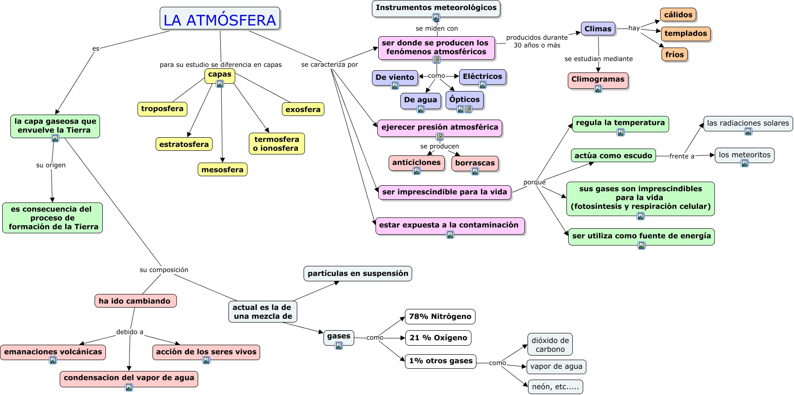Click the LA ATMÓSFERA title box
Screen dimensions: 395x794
click(220, 19)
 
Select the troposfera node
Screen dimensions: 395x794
click(162, 109)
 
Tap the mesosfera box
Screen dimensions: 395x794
click(222, 169)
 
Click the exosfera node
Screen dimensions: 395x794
click(303, 109)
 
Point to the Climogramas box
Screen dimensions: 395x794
click(598, 79)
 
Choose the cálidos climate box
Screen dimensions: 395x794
click(678, 15)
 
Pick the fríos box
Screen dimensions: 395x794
click(675, 54)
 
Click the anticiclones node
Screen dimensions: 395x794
click(416, 162)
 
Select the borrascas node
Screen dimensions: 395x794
click(475, 163)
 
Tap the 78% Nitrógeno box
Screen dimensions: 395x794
click(440, 316)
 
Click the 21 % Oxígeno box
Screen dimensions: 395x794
click(438, 338)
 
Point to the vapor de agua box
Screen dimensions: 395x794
click(556, 366)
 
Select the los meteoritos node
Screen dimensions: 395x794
click(744, 155)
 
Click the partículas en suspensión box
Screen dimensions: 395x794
click(357, 273)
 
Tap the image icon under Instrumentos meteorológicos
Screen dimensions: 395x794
click(436, 18)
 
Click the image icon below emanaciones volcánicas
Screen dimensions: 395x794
click(53, 360)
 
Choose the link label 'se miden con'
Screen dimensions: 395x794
click(437, 29)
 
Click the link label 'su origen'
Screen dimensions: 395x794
click(51, 165)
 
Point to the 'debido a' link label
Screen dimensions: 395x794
click(129, 332)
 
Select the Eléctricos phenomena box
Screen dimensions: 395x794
click(482, 77)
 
